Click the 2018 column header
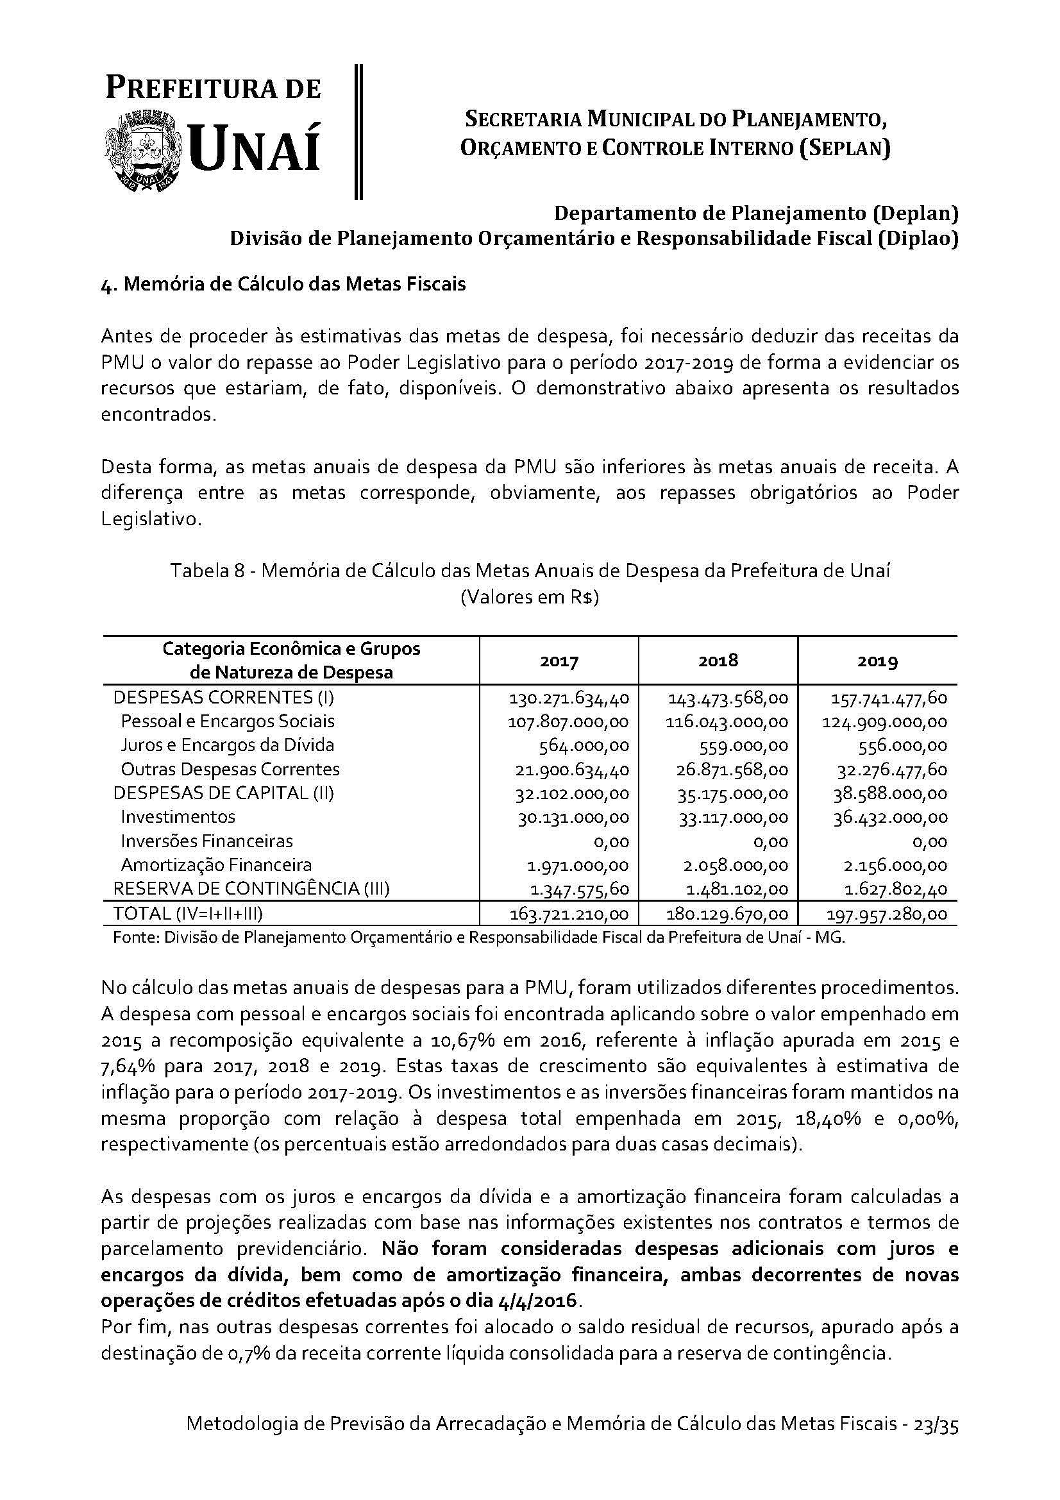(x=718, y=660)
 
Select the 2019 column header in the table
(x=877, y=661)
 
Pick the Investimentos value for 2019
(x=889, y=817)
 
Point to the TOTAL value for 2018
(x=728, y=914)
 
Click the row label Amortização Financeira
(x=216, y=865)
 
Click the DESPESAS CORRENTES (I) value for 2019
(x=888, y=698)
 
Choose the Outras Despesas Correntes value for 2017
(x=572, y=770)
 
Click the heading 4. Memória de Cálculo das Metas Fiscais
(x=283, y=285)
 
